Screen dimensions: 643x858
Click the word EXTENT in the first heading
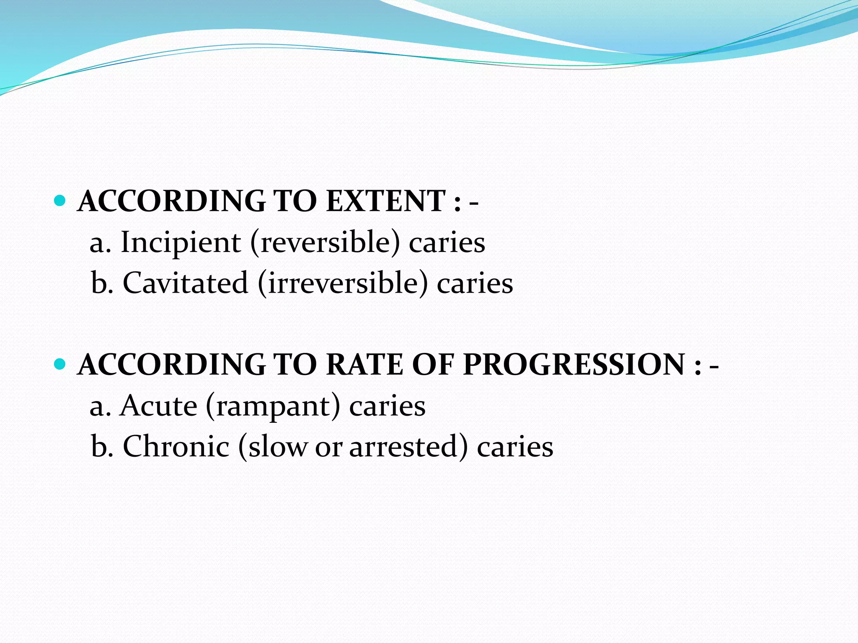(385, 201)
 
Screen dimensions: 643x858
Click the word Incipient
(181, 243)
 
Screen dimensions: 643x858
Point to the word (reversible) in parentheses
(325, 243)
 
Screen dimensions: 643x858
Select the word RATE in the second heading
(364, 365)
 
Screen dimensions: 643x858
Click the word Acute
(158, 406)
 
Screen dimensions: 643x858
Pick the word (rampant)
(273, 406)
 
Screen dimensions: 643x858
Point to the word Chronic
(176, 447)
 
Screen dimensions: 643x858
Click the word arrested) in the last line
(408, 447)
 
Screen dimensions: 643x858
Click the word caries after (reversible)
(447, 243)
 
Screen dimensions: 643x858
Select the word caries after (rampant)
(387, 406)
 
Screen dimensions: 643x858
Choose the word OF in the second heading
(433, 365)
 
